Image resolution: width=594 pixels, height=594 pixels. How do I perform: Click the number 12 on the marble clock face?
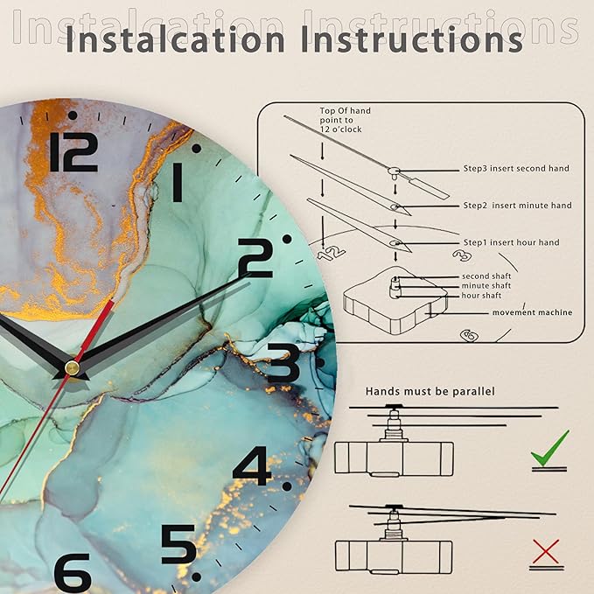(x=73, y=152)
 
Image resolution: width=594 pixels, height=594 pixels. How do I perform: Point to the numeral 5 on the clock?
(x=178, y=544)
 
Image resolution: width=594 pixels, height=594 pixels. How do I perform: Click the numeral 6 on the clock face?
(x=73, y=573)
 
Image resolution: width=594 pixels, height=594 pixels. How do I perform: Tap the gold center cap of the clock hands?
(x=72, y=367)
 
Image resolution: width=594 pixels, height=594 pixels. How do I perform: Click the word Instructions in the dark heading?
(x=412, y=39)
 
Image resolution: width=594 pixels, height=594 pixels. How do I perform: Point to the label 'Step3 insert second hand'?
(x=516, y=169)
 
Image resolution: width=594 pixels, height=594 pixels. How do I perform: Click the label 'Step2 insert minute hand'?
(x=518, y=206)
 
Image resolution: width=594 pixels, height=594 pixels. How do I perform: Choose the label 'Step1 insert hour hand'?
(x=512, y=242)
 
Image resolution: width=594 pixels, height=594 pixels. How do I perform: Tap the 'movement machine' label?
(x=532, y=312)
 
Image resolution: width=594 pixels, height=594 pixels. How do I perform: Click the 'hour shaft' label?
(x=481, y=296)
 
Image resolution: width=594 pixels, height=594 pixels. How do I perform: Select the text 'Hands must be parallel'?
(x=430, y=391)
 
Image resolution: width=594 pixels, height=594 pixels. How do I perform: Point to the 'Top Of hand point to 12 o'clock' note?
(x=345, y=120)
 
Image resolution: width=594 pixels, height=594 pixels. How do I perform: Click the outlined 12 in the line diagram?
(x=331, y=253)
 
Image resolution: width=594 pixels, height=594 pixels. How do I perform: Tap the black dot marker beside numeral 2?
(x=287, y=239)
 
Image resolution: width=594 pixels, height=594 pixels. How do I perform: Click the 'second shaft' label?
(x=486, y=276)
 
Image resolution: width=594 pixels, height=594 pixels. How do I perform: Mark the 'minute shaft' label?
(x=486, y=286)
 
